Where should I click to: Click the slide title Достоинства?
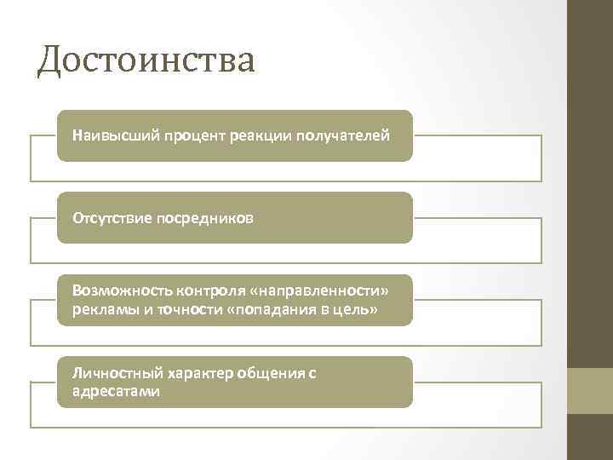(146, 60)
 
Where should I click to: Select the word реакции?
(261, 135)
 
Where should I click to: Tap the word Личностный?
(109, 373)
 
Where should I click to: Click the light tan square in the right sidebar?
(590, 391)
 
